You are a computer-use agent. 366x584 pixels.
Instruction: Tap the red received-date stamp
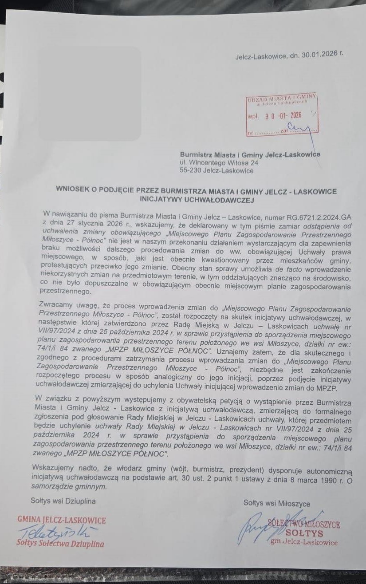click(282, 115)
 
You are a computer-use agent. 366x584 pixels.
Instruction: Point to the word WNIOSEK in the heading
click(73, 191)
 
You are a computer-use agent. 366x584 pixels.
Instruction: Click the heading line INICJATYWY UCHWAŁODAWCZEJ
click(196, 200)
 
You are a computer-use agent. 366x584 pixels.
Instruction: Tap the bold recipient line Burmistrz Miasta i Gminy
click(250, 154)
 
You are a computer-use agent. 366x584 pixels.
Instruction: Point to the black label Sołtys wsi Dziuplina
click(63, 501)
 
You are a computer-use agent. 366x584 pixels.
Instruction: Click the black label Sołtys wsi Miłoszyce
click(277, 503)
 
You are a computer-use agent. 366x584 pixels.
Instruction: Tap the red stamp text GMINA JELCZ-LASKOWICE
click(62, 520)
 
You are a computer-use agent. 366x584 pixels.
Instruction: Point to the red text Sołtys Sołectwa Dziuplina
click(60, 543)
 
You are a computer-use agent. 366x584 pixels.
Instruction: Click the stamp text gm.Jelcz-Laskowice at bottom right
click(304, 542)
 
